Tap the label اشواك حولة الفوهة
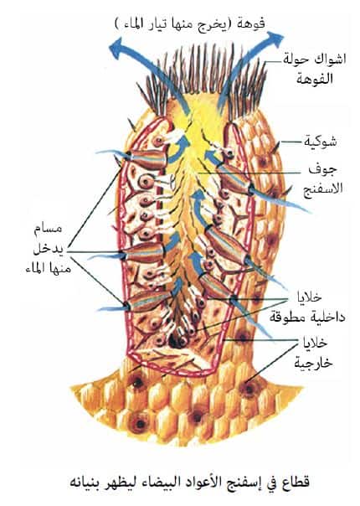pos(314,69)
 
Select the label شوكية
pos(320,142)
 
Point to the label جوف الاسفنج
pos(323,179)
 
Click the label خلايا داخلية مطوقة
pos(308,307)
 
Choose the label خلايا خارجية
pos(314,353)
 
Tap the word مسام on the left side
pos(48,228)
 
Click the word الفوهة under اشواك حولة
pos(314,78)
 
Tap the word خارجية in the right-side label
pos(314,363)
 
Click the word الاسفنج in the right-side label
pos(323,188)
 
